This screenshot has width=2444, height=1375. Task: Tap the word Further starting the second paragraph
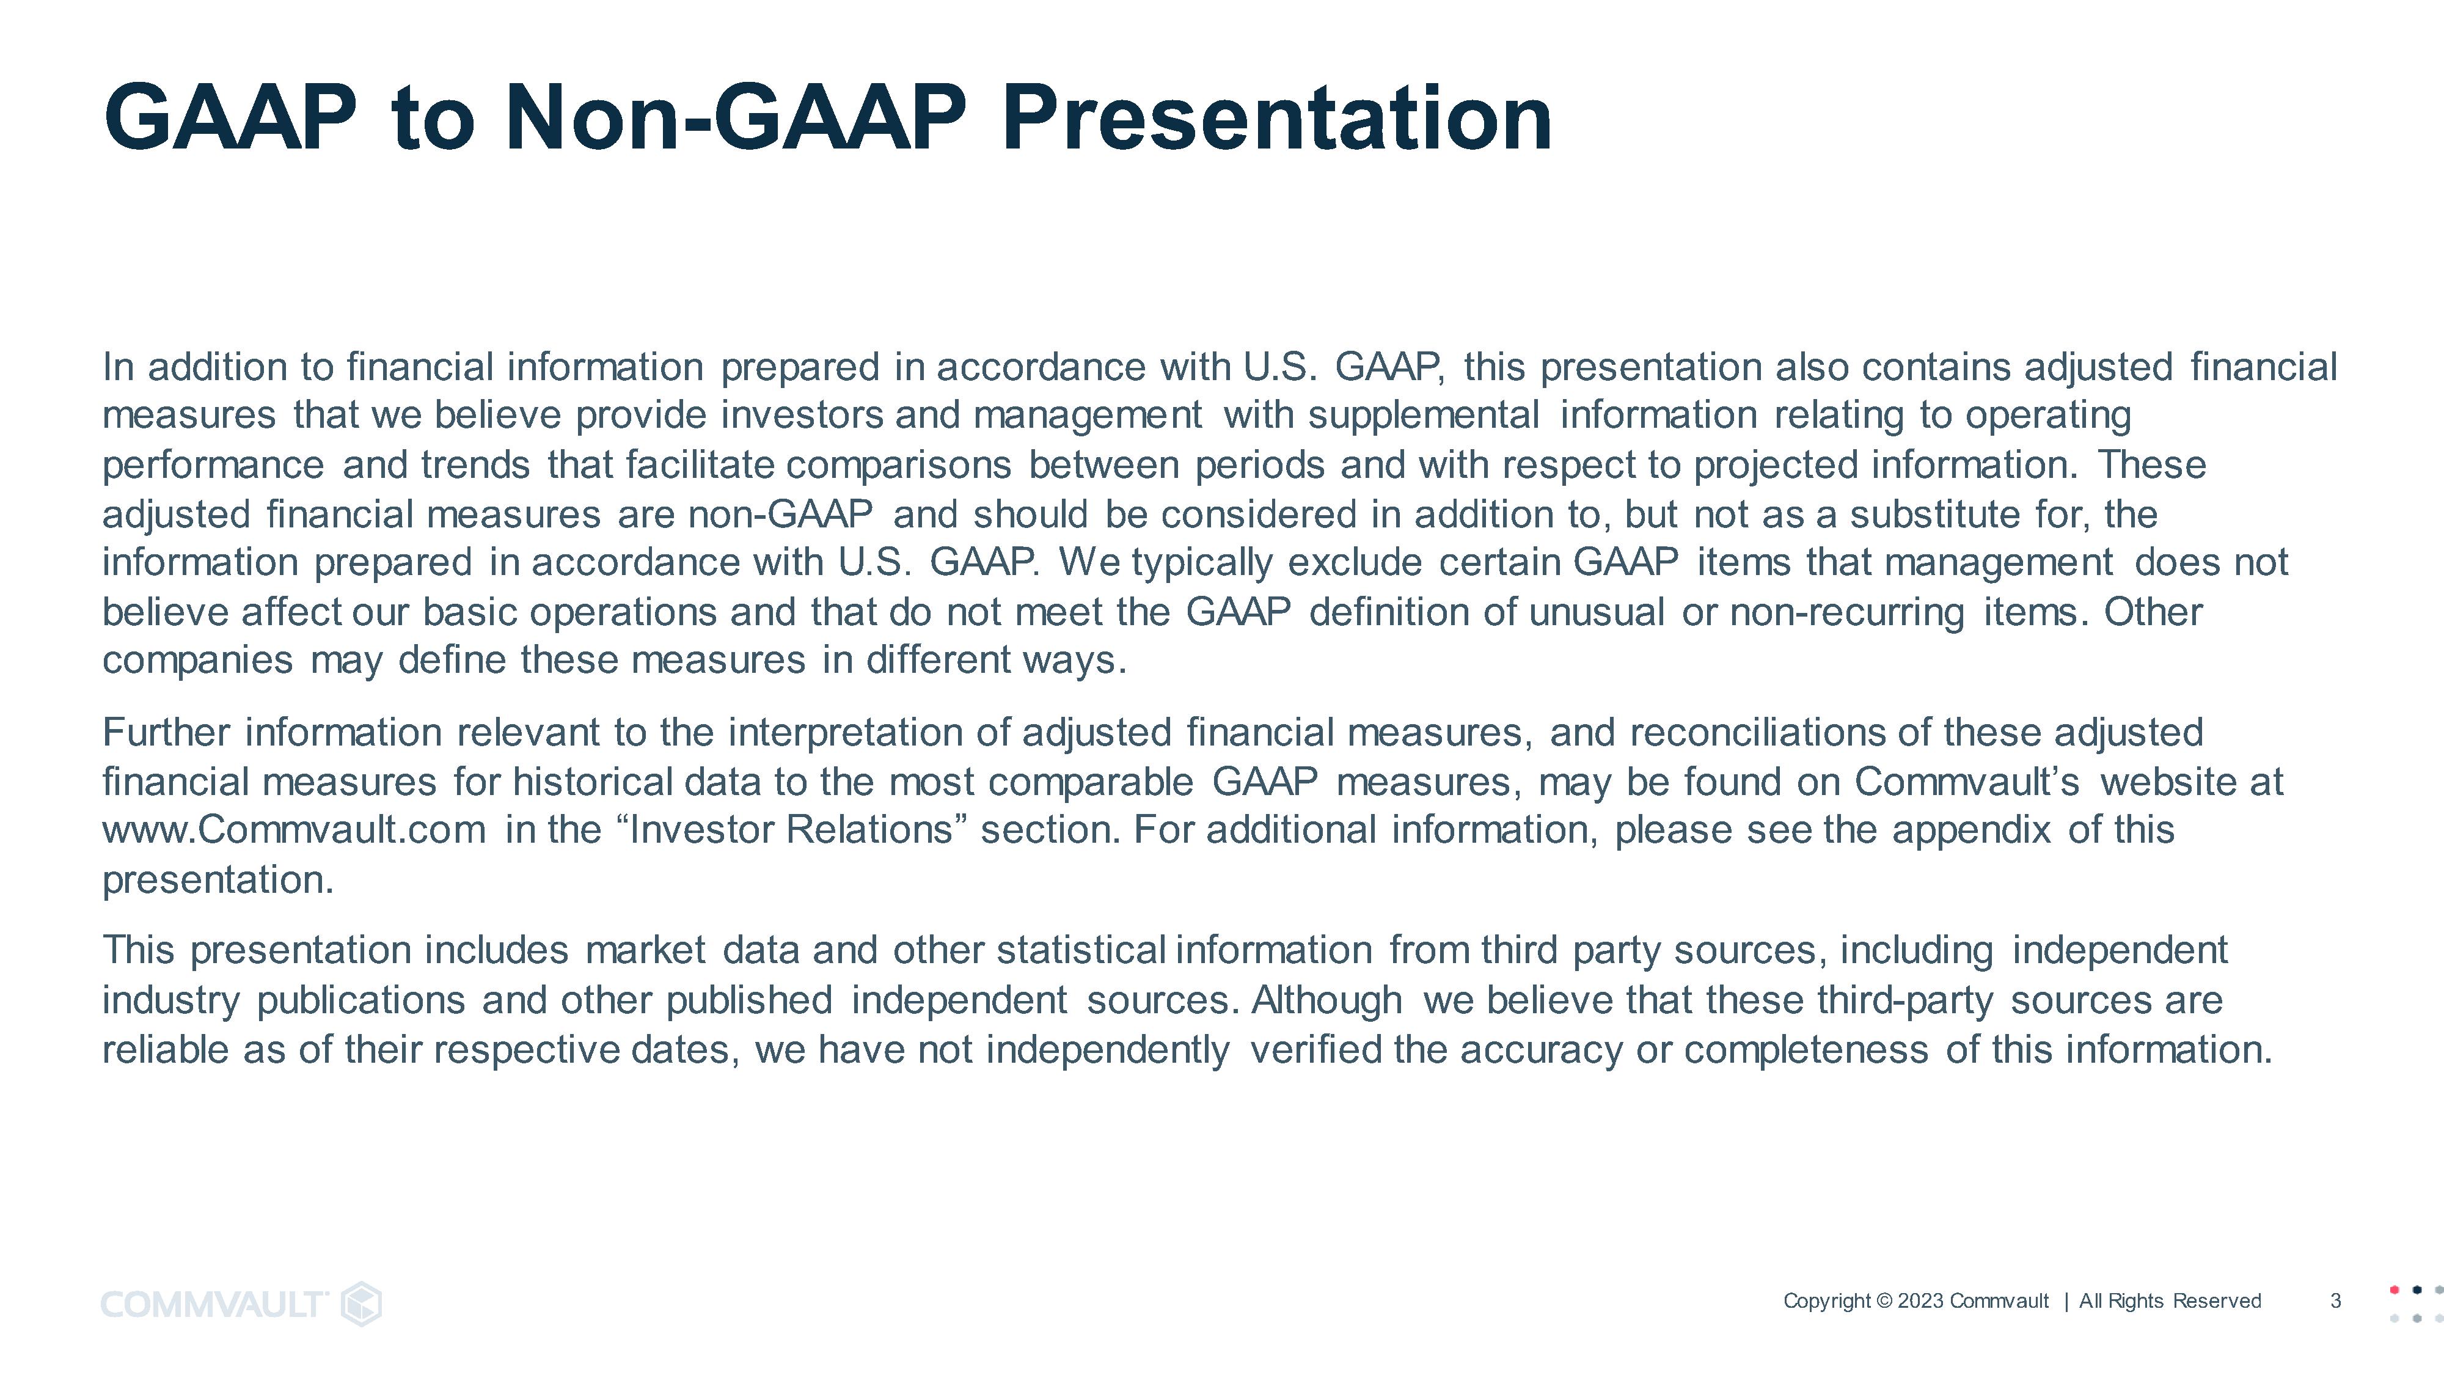point(166,733)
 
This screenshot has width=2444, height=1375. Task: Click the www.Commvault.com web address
point(294,831)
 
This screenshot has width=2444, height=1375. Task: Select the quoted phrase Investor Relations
point(790,831)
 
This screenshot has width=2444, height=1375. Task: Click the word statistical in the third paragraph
point(1081,950)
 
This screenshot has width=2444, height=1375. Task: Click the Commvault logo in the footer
point(242,1304)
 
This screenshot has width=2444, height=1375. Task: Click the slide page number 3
point(2336,1301)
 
